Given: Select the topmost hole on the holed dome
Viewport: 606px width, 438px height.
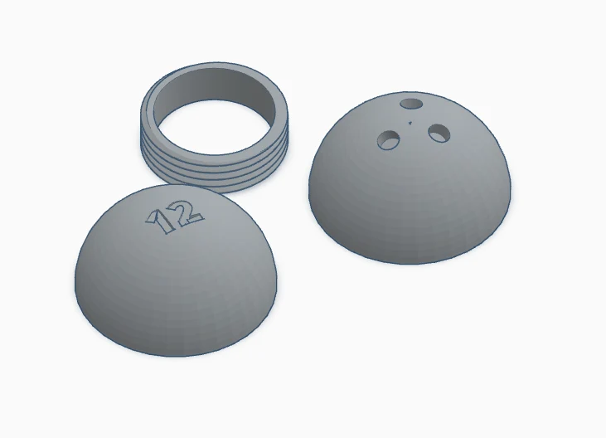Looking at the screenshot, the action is (x=411, y=104).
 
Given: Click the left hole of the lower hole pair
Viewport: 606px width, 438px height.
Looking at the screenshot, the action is (x=389, y=139).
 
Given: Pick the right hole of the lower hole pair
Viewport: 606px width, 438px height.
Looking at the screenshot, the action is (x=439, y=133).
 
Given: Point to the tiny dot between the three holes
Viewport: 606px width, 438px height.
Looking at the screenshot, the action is (x=410, y=123).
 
